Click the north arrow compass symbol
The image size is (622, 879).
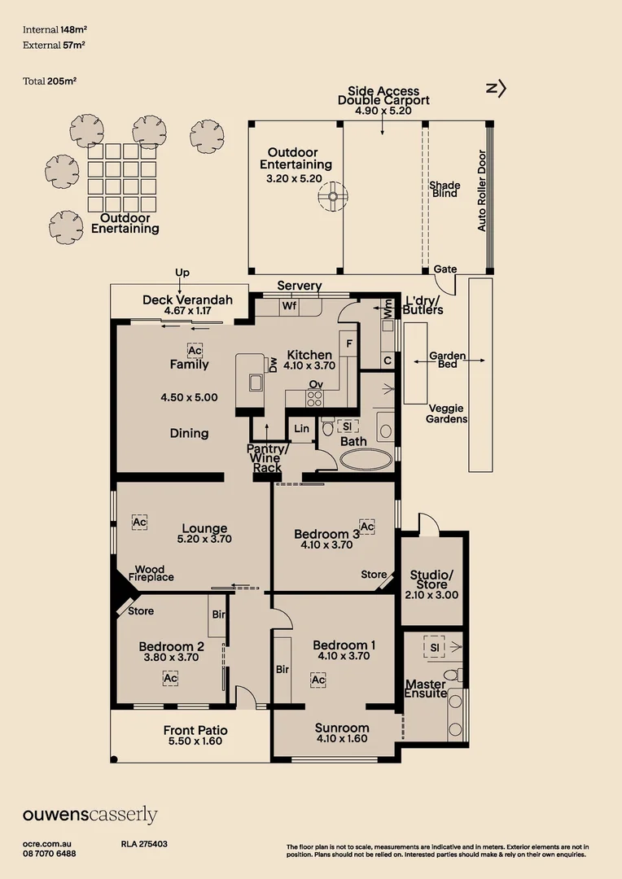pyautogui.click(x=497, y=89)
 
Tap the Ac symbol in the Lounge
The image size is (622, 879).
pyautogui.click(x=139, y=522)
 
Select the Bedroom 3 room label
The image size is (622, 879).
pyautogui.click(x=326, y=534)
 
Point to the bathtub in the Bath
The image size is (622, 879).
pyautogui.click(x=365, y=459)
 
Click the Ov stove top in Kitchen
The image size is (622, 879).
pyautogui.click(x=313, y=398)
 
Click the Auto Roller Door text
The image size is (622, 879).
pyautogui.click(x=481, y=190)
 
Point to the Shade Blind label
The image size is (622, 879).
pyautogui.click(x=445, y=189)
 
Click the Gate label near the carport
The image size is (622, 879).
pyautogui.click(x=445, y=269)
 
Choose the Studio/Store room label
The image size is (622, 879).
pyautogui.click(x=431, y=579)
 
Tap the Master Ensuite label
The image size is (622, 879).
pyautogui.click(x=426, y=689)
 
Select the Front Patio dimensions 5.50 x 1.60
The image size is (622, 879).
pyautogui.click(x=195, y=741)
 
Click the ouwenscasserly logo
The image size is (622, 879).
pyautogui.click(x=90, y=815)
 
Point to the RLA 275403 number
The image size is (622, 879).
pyautogui.click(x=144, y=845)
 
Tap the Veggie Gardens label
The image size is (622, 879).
pyautogui.click(x=447, y=413)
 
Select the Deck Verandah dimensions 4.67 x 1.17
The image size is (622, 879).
pyautogui.click(x=187, y=310)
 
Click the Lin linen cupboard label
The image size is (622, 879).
pyautogui.click(x=301, y=428)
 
